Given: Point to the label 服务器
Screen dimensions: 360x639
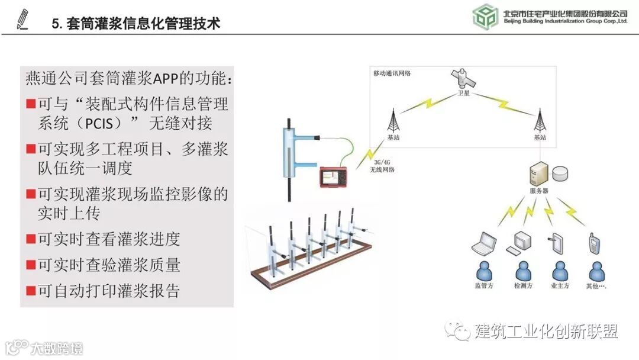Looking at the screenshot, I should pos(538,191).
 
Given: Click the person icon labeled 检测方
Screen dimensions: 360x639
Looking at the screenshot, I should pos(522,272).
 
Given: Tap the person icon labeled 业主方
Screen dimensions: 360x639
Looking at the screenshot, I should pos(559,272).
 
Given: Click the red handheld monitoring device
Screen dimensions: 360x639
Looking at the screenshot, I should pos(334,175).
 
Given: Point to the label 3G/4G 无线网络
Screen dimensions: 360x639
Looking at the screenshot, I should pos(382,166).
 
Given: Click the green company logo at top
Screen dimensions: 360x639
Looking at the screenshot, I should pos(485,17).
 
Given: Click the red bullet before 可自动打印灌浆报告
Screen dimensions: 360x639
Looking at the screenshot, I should pos(30,291).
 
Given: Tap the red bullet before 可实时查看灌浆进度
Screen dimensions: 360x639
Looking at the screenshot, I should pos(30,239).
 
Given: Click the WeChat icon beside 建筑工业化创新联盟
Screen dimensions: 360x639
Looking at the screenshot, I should pos(459,330).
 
